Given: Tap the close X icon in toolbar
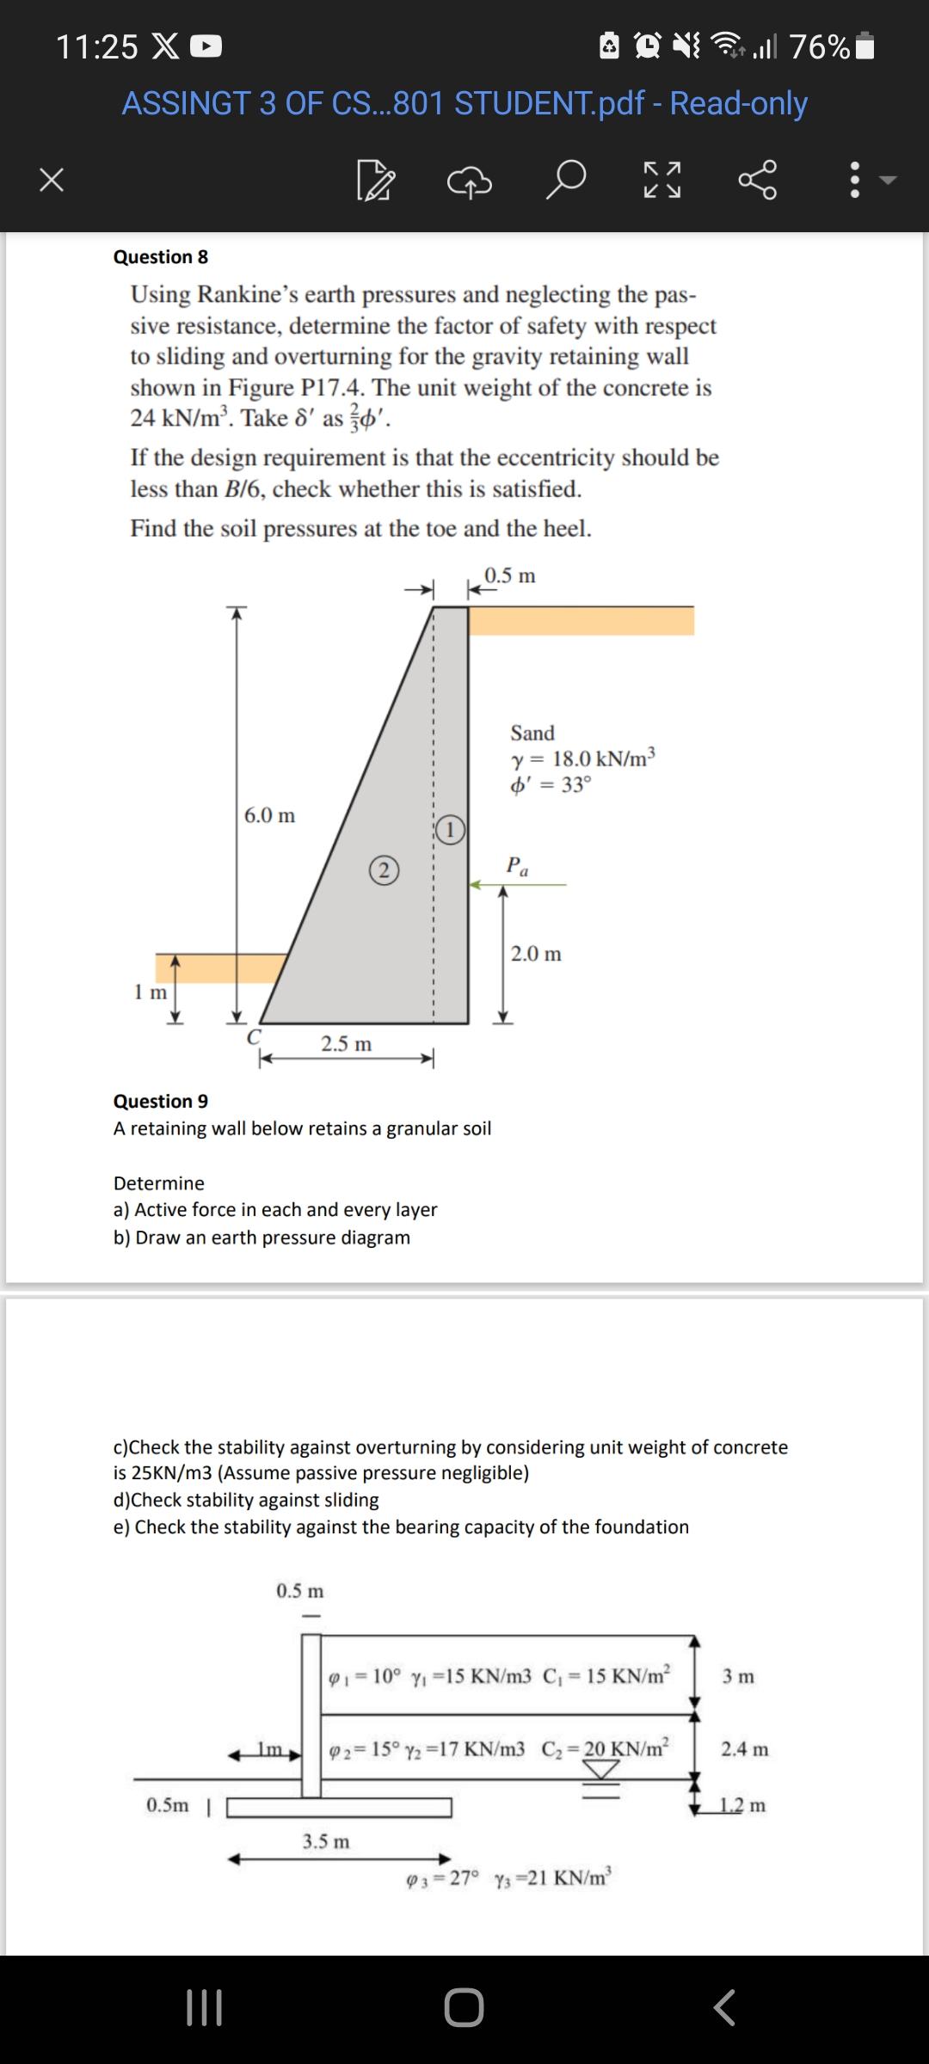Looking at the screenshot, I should click(52, 181).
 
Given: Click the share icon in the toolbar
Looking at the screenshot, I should click(758, 180).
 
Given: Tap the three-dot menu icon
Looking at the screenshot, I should click(854, 181).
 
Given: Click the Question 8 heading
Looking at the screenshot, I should click(161, 257).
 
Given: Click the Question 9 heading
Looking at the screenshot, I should click(161, 1102).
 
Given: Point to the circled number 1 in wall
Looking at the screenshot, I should click(450, 830).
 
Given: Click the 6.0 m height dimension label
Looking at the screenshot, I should click(269, 815).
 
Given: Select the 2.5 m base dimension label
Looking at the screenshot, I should click(347, 1044).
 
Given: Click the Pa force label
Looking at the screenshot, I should click(517, 865).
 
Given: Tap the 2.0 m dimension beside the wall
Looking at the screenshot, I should click(536, 954).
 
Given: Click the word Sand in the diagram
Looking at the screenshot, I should click(532, 733).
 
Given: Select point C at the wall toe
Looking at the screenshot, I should click(254, 1037).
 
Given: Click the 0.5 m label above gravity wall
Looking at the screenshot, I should click(510, 575).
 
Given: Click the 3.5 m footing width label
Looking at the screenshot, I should click(326, 1841).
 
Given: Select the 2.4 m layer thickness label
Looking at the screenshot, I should click(745, 1749).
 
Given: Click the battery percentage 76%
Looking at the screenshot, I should click(820, 47).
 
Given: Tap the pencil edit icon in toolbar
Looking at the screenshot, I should click(376, 181).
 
